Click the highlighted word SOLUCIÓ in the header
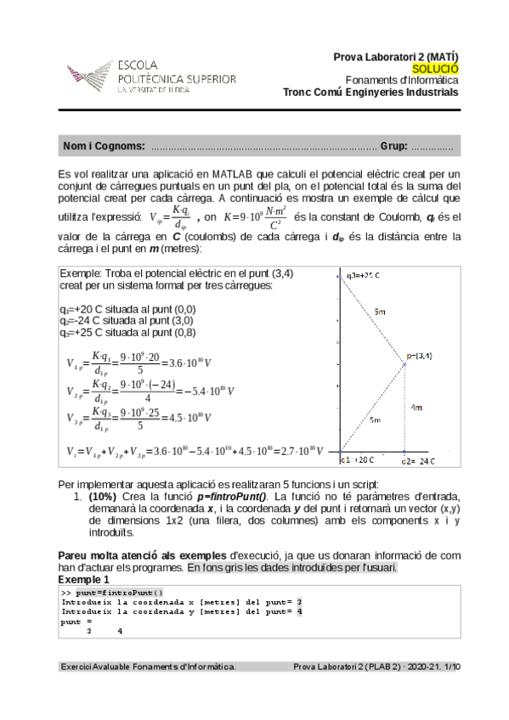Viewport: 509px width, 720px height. click(435, 68)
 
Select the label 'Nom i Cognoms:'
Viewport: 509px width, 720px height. click(104, 147)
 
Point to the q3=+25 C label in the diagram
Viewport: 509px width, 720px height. click(363, 275)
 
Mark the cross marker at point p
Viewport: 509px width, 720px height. click(404, 365)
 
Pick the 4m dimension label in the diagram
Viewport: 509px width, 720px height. click(416, 408)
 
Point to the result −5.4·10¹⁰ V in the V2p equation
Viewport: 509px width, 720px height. click(184, 391)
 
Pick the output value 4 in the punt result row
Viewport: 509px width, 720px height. click(120, 631)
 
